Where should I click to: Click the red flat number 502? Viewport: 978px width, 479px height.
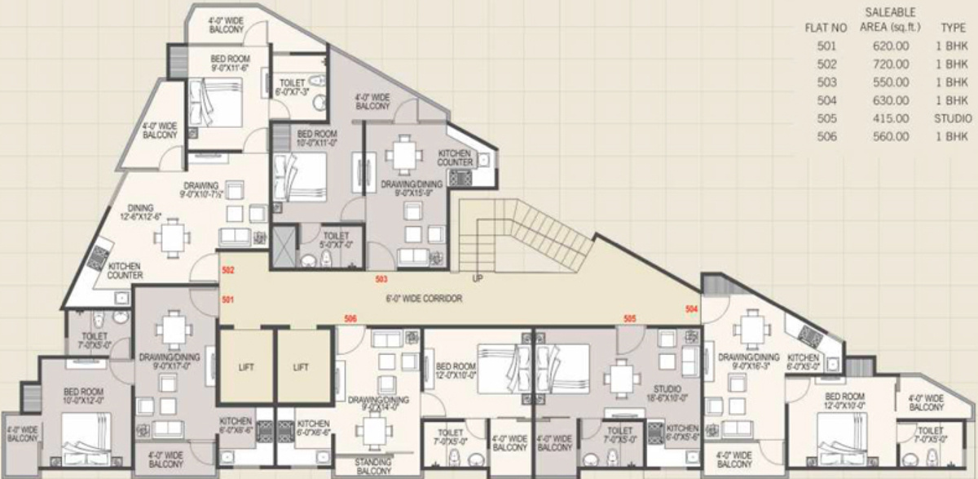pos(228,270)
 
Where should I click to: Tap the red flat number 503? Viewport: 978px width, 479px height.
pos(381,279)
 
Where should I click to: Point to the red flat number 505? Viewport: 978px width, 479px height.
pos(629,317)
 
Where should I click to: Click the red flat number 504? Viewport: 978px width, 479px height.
pos(692,309)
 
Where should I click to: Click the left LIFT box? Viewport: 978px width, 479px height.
pos(246,367)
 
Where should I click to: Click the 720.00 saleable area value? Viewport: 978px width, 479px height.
pos(889,64)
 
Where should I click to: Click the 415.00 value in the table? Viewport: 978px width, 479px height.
pos(889,118)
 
